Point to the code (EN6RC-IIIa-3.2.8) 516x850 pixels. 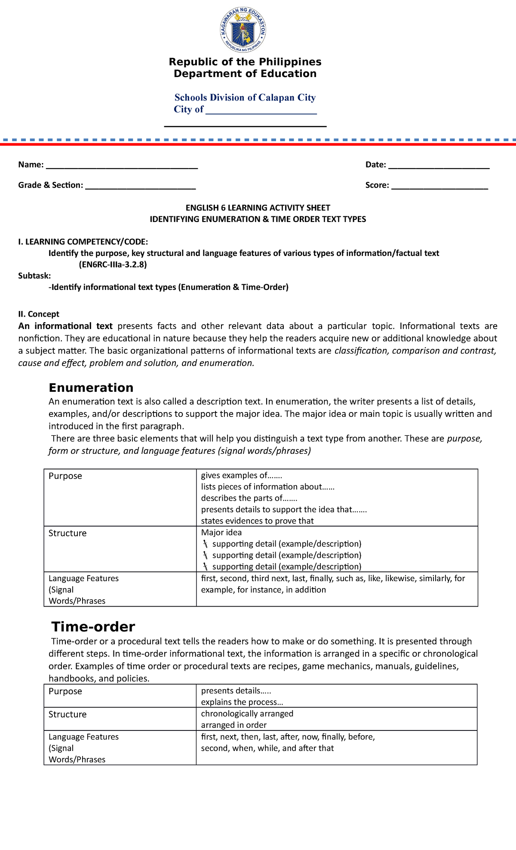tap(113, 265)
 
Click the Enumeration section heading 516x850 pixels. tap(91, 388)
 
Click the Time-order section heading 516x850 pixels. tap(93, 626)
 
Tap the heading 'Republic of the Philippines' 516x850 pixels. tap(245, 62)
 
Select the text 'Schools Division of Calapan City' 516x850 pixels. tap(245, 98)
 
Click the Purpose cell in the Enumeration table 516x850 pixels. tap(65, 476)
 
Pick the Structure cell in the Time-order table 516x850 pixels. tap(68, 714)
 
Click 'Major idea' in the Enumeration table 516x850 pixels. tap(221, 533)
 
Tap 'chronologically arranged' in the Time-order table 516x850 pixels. tap(247, 713)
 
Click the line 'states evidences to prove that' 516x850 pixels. tap(257, 521)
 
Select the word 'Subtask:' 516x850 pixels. tap(34, 276)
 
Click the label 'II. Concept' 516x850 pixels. tap(39, 314)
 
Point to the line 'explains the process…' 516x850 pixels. tap(242, 702)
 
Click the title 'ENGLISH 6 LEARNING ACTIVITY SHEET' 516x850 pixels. tap(258, 208)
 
